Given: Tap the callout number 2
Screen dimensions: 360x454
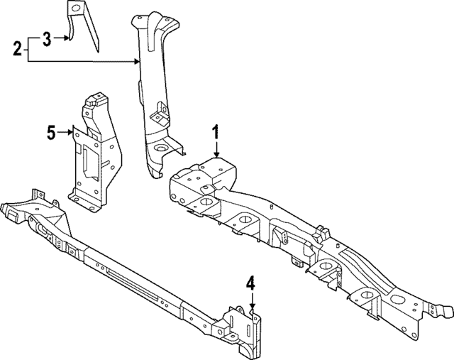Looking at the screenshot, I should pyautogui.click(x=17, y=50).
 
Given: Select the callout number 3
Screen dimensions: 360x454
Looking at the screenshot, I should pyautogui.click(x=47, y=38).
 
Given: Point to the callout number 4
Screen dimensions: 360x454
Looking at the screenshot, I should pyautogui.click(x=250, y=283).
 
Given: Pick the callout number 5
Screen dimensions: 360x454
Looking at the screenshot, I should pyautogui.click(x=51, y=131).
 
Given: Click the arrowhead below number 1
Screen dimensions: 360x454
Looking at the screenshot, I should pyautogui.click(x=216, y=155).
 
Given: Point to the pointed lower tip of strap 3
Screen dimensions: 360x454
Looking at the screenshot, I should pyautogui.click(x=97, y=52).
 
